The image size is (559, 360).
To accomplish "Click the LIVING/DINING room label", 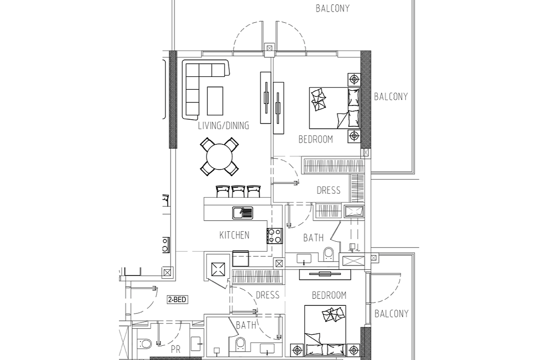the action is click(x=224, y=125).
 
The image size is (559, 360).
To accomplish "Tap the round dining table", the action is click(x=219, y=157).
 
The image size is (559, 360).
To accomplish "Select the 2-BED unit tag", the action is click(x=177, y=300).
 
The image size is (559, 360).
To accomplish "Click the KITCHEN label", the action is click(x=234, y=235).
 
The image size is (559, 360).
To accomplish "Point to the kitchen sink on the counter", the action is click(x=243, y=213).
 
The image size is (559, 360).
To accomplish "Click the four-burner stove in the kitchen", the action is click(x=274, y=236).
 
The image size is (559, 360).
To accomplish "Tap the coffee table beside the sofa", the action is click(x=215, y=101).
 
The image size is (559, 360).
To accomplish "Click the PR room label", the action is click(x=176, y=349).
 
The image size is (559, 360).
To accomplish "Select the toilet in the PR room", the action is click(x=145, y=344).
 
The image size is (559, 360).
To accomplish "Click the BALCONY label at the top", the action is click(x=333, y=8).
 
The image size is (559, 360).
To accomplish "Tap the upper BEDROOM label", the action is click(x=316, y=139).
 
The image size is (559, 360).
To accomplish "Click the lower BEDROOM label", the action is click(x=329, y=295).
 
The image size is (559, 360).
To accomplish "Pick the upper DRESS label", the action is click(x=328, y=190).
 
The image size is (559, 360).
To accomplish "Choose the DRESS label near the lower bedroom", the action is click(x=267, y=295).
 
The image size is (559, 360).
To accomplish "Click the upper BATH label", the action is click(x=313, y=237).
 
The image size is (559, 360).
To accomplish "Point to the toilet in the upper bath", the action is click(x=328, y=254).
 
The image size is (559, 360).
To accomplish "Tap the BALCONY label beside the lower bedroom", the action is click(x=391, y=313).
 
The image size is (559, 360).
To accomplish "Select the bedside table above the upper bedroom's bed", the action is click(x=354, y=79).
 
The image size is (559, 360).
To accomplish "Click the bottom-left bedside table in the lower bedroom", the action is click(x=298, y=350).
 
